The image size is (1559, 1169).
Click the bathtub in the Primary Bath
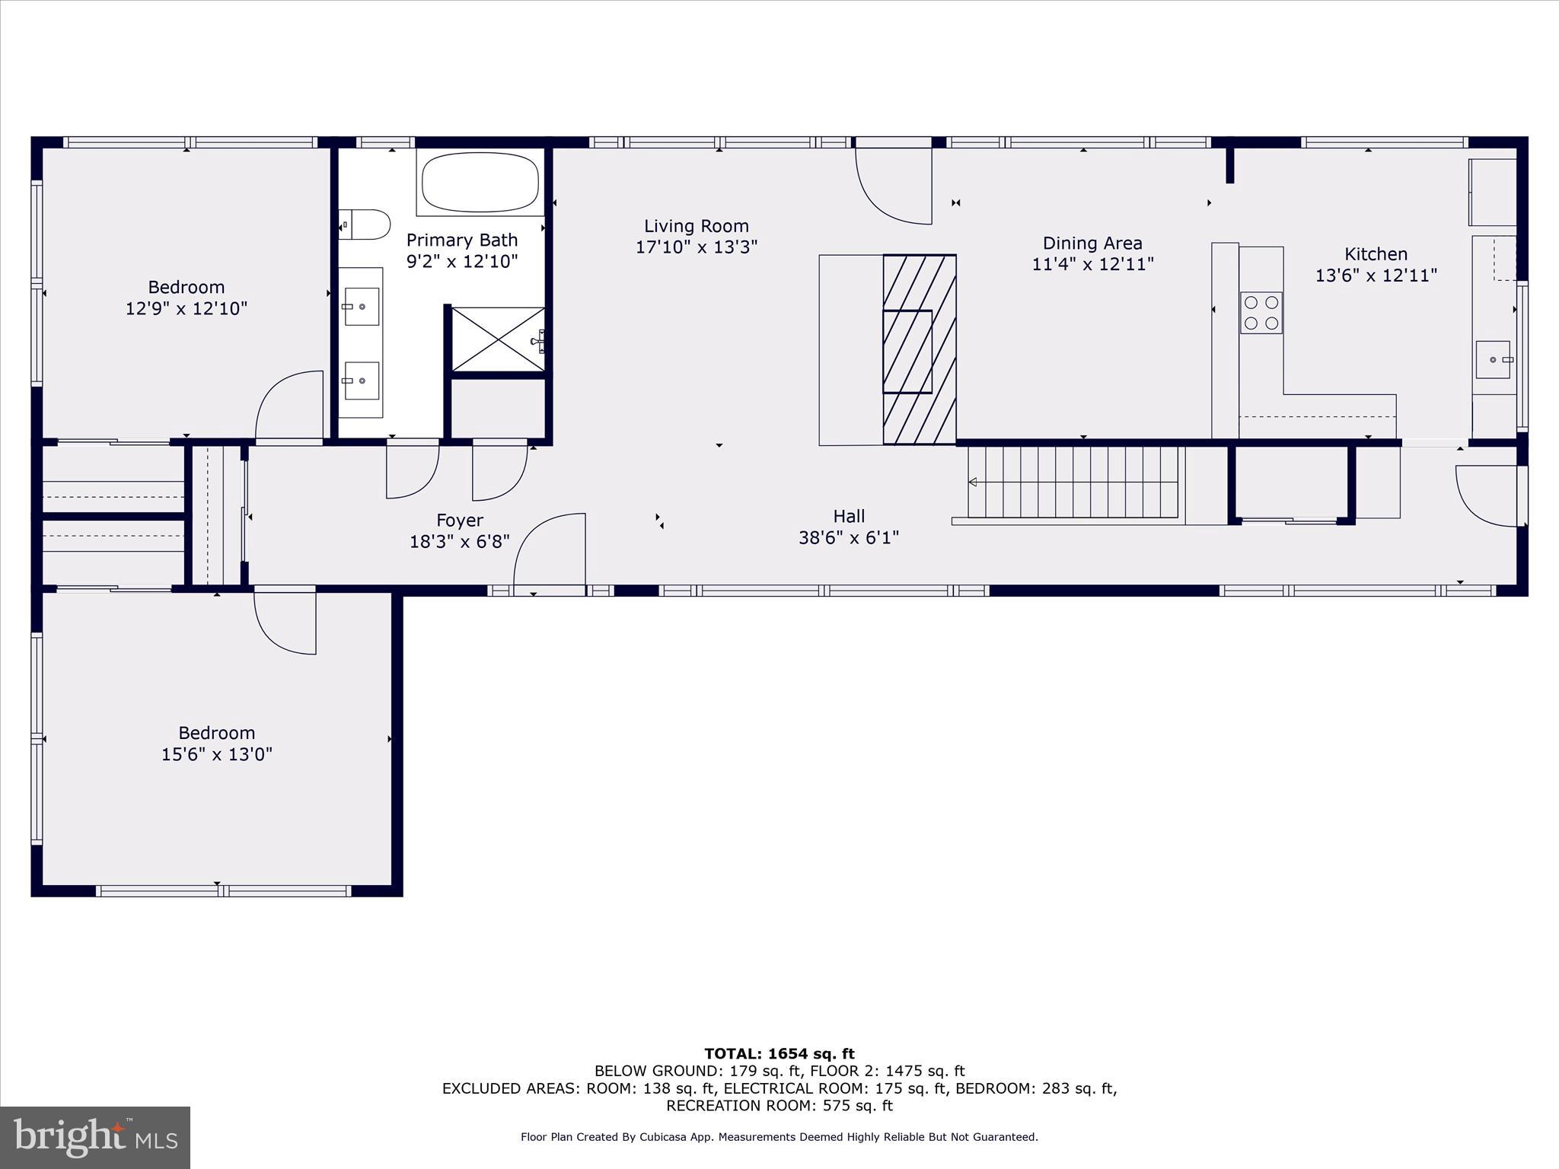[x=480, y=183]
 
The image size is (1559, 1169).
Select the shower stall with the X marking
[x=498, y=339]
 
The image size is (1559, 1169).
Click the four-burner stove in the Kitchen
[x=1261, y=313]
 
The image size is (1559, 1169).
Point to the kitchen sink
[x=1493, y=360]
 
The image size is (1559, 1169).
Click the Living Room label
[x=696, y=226]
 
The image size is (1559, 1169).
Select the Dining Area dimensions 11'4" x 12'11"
[x=1092, y=264]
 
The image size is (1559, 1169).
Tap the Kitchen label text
[x=1376, y=254]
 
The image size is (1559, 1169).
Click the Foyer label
[x=459, y=521]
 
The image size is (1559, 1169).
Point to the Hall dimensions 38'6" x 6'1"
[x=848, y=537]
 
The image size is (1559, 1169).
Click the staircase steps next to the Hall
[x=1073, y=481]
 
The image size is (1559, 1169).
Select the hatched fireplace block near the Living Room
[x=919, y=349]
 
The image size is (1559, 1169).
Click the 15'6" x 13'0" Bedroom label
[x=217, y=744]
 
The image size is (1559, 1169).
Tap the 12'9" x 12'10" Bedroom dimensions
[x=187, y=308]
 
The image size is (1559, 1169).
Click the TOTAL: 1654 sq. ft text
[x=779, y=1053]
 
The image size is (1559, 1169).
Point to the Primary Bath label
[x=461, y=240]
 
